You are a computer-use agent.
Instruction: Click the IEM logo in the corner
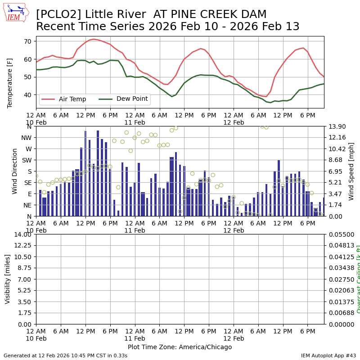point(15,13)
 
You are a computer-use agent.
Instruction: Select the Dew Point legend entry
point(132,99)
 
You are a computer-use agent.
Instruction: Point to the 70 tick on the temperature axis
point(27,41)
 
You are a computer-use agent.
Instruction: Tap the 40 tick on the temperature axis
point(27,95)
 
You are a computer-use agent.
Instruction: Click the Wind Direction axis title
point(15,171)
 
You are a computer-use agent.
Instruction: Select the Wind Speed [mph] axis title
point(351,171)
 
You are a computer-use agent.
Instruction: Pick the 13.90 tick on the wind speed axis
point(337,126)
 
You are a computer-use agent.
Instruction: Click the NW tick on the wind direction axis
point(27,138)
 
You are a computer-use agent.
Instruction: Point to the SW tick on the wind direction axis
point(27,160)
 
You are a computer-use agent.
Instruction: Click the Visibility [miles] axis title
point(8,279)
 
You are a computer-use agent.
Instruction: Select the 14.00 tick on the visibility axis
point(23,234)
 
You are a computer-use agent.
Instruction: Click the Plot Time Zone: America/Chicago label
point(180,347)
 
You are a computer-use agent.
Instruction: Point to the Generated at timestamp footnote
point(65,356)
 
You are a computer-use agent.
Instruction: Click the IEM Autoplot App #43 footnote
point(328,356)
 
